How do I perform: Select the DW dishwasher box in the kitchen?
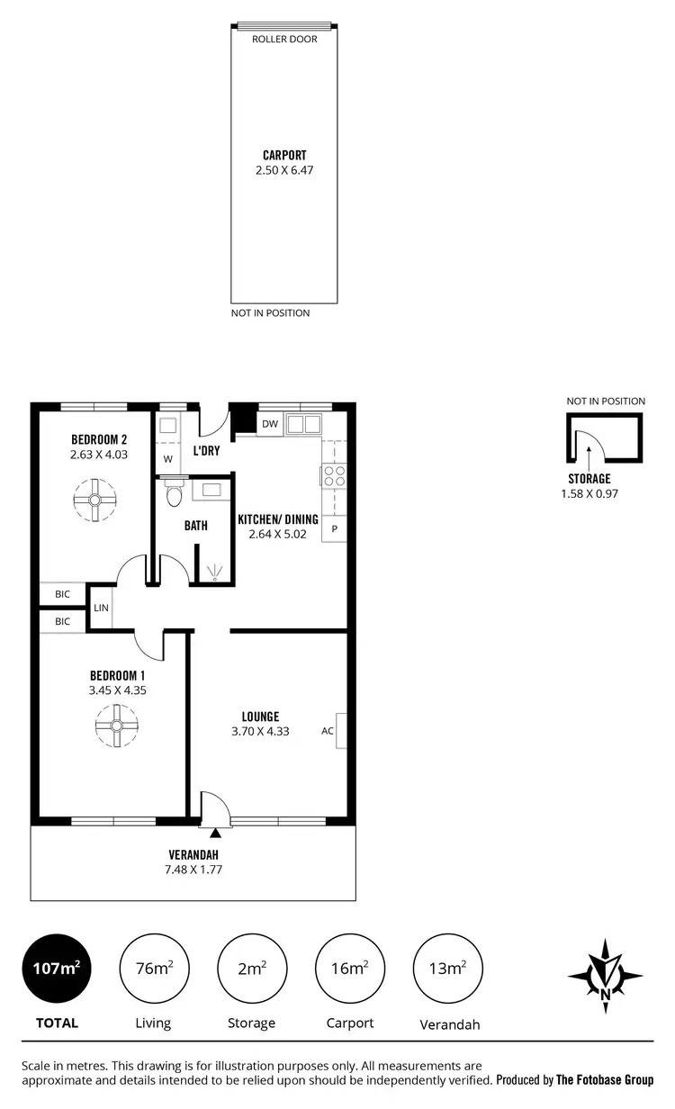[x=269, y=424]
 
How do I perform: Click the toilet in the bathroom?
[x=174, y=494]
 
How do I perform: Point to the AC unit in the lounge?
[x=339, y=730]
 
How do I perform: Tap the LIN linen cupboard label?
[x=101, y=609]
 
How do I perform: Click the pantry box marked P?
[x=334, y=528]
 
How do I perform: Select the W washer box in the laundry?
[x=167, y=459]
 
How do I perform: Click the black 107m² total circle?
[x=57, y=969]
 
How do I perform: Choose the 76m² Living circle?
[x=153, y=969]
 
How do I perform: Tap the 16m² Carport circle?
[x=348, y=969]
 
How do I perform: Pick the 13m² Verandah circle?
[x=445, y=969]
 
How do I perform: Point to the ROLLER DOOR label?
[x=283, y=40]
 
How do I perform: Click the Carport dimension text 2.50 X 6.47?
[x=283, y=169]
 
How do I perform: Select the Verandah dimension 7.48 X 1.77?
[x=194, y=870]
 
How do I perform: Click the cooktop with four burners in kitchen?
[x=334, y=475]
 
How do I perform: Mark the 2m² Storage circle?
[x=251, y=969]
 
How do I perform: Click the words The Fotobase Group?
[x=605, y=1079]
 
